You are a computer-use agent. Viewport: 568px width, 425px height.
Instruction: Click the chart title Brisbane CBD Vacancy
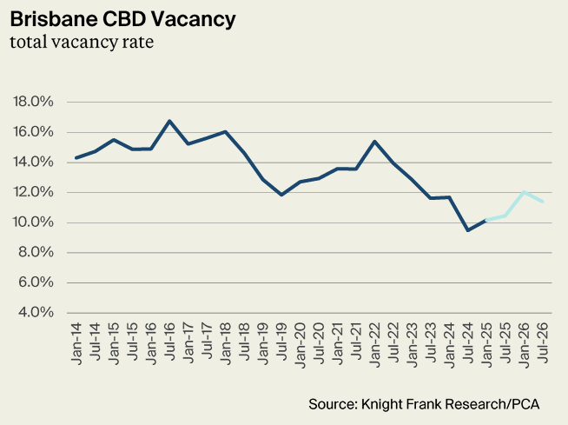point(122,19)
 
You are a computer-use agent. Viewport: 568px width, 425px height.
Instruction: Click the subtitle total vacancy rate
point(82,42)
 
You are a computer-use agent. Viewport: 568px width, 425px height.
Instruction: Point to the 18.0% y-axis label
point(33,102)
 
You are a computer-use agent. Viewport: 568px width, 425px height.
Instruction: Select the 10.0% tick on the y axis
point(33,222)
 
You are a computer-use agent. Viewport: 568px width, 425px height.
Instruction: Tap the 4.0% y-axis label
point(36,312)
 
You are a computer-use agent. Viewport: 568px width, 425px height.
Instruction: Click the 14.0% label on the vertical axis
point(33,163)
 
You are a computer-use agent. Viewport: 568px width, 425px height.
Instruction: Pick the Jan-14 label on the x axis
point(76,343)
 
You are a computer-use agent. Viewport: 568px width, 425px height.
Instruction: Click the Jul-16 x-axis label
point(169,342)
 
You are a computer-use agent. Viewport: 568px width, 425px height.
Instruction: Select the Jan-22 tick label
point(375,344)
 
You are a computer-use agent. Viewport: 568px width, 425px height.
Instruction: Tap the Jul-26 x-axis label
point(543,342)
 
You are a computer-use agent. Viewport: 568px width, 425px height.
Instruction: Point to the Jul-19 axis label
point(281,342)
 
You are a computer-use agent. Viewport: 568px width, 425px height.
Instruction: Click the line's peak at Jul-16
point(169,121)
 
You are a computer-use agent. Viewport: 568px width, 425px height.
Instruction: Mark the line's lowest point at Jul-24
point(468,230)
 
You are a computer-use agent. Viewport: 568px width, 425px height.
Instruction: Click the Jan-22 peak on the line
point(375,142)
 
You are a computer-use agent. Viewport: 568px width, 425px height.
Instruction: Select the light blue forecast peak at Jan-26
point(525,192)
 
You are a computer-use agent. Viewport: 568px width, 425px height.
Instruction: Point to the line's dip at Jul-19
point(281,195)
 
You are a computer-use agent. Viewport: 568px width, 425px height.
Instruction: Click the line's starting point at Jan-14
point(76,157)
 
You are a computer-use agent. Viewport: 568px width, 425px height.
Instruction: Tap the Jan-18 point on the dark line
point(225,131)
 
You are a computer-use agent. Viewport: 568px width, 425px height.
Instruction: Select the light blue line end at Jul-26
point(543,202)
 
